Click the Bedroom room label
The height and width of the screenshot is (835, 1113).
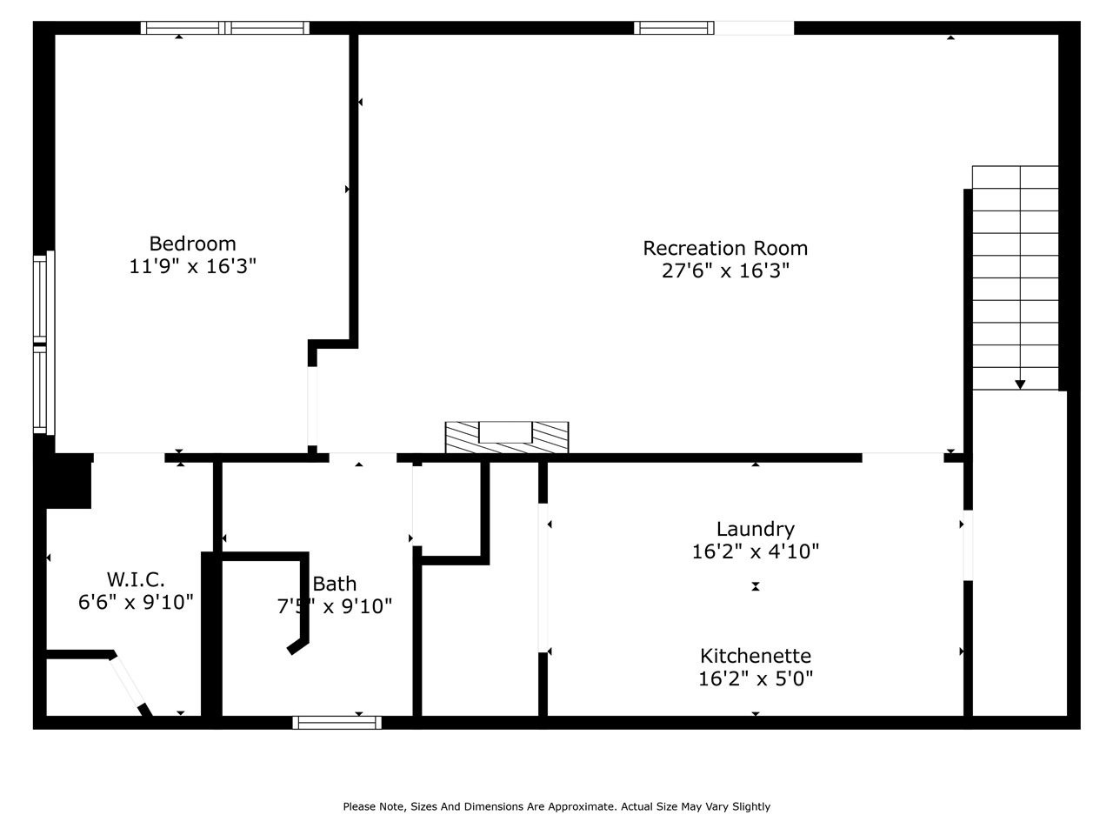point(192,244)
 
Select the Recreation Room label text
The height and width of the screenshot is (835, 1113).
point(725,248)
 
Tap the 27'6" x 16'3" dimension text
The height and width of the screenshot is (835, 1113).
point(725,271)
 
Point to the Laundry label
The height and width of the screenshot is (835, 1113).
point(755,529)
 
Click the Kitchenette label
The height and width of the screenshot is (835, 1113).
point(755,656)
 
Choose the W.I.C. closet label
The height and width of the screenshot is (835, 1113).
point(136,579)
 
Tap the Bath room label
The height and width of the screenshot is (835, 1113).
point(335,584)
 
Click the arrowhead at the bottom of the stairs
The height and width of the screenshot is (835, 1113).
point(1019,384)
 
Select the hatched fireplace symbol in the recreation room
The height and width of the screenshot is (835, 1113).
point(507,437)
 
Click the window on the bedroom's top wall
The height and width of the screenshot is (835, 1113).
point(225,28)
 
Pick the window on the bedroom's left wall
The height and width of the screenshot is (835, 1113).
point(40,343)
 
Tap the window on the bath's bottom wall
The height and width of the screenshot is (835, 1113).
point(337,722)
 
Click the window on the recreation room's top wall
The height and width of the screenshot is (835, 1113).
point(674,28)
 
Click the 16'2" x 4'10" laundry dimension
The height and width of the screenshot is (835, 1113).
point(755,551)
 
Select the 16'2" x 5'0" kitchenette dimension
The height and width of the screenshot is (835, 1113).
point(755,678)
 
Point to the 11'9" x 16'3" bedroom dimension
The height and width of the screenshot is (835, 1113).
point(192,266)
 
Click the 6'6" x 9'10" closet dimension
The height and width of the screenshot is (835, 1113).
point(136,602)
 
